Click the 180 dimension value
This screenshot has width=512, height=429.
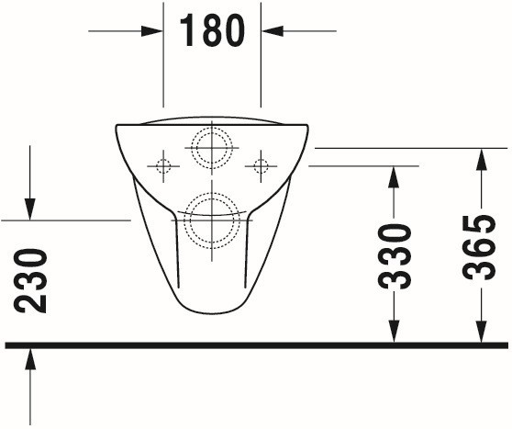(x=212, y=31)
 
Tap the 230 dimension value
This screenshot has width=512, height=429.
(x=30, y=281)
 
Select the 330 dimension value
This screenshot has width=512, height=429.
(x=395, y=256)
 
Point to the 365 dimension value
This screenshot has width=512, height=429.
(x=479, y=247)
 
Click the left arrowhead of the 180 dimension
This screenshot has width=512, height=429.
(x=152, y=31)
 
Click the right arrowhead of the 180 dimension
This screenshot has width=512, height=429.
(x=272, y=31)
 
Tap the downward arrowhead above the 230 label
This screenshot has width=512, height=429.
(x=30, y=209)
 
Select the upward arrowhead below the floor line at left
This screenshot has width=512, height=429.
(x=30, y=359)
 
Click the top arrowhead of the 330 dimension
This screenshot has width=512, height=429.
(x=394, y=177)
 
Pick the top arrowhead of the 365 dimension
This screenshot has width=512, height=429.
(x=482, y=160)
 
